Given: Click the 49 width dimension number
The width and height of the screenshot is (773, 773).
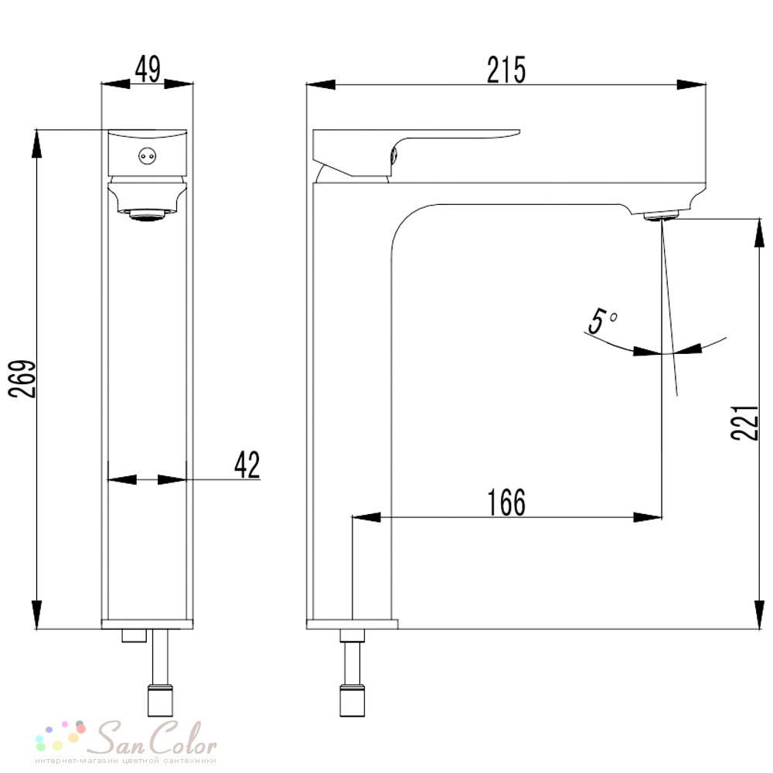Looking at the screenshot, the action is coord(148,70).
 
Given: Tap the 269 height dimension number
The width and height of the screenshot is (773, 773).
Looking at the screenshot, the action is coord(23,379).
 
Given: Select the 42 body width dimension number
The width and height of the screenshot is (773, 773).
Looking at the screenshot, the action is coord(247,465).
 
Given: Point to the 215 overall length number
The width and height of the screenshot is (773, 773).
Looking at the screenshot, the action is coord(507,70).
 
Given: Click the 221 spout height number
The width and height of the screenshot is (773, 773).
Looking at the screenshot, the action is coord(744,423).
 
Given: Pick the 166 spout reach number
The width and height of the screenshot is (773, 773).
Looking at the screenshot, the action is coord(507,502).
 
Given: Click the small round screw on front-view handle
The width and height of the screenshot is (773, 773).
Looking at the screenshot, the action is coord(147,156).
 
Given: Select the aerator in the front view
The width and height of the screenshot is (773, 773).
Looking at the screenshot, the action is coord(148,215).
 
